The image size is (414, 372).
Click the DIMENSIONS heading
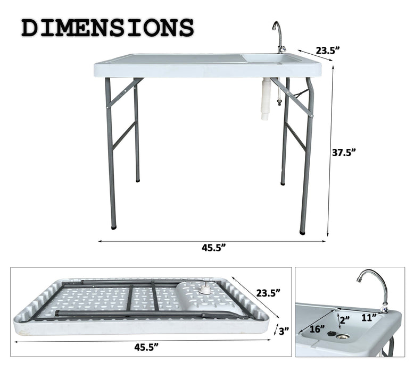tap(107, 28)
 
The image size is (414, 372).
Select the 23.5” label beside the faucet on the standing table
tap(328, 51)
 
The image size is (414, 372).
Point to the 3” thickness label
tap(284, 331)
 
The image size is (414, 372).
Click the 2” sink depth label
tap(344, 319)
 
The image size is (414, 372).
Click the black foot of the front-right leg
tap(303, 232)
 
